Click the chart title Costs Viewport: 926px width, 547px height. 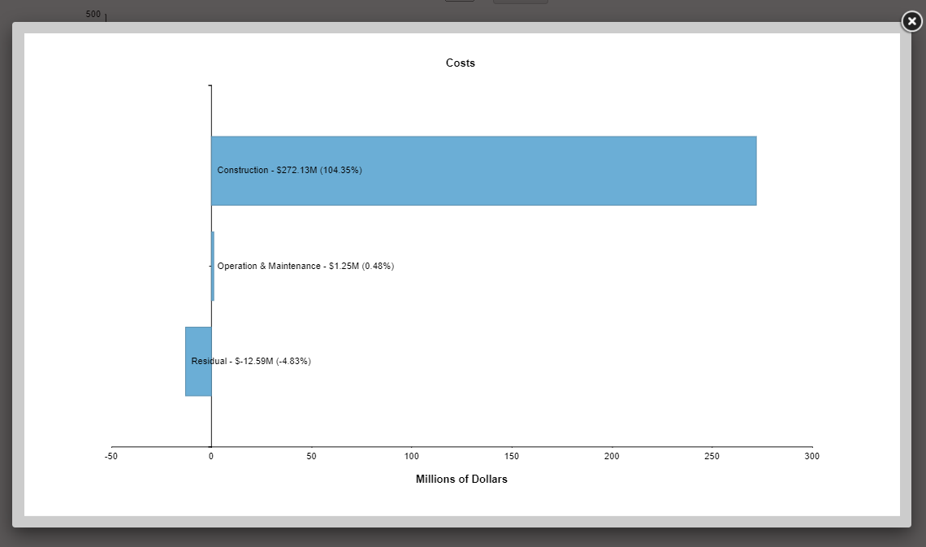[x=461, y=63]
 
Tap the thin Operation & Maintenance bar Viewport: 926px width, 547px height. [x=213, y=266]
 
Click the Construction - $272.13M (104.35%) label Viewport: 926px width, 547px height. [x=289, y=171]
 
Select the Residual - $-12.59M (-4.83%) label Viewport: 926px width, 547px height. [x=251, y=361]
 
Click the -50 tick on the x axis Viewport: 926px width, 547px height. [x=111, y=456]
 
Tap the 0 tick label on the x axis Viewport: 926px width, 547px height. [x=211, y=456]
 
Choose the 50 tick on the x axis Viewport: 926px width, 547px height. [x=311, y=456]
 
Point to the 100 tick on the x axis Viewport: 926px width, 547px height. [x=412, y=456]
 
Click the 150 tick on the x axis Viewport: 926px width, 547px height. [x=512, y=456]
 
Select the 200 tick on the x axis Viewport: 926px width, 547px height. [x=612, y=456]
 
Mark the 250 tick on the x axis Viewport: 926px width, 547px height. [x=712, y=456]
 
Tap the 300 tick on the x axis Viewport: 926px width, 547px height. [x=812, y=456]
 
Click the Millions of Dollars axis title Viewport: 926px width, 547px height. [x=461, y=480]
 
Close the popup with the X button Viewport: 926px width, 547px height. [x=912, y=22]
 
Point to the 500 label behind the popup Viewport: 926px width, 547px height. [x=93, y=15]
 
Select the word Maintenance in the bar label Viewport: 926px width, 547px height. [x=294, y=267]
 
